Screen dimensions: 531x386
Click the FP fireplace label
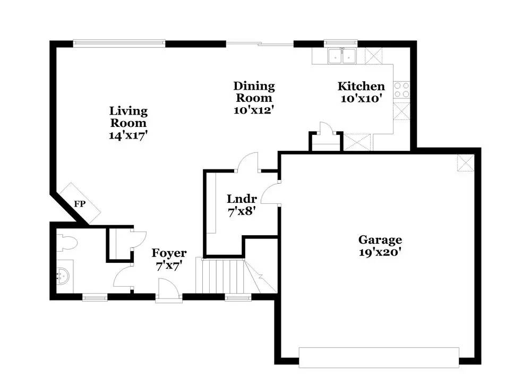pos(80,204)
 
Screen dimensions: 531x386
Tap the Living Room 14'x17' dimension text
pos(129,135)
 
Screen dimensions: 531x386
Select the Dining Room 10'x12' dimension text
pos(254,110)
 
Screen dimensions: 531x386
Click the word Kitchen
pos(361,86)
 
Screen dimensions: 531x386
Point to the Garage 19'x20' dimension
pos(380,252)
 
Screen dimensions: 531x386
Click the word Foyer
pos(169,253)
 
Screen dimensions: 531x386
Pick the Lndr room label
pos(242,199)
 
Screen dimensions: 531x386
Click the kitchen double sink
pos(341,56)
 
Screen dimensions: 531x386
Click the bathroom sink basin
pos(63,275)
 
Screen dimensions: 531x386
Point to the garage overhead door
pos(379,357)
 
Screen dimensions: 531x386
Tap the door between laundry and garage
pos(270,192)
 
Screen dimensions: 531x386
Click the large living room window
pos(119,44)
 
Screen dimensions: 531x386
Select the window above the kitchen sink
pos(341,44)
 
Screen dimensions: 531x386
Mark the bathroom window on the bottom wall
pos(95,298)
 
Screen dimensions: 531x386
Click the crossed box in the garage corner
pos(466,163)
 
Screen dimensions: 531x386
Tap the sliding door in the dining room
pos(260,44)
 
